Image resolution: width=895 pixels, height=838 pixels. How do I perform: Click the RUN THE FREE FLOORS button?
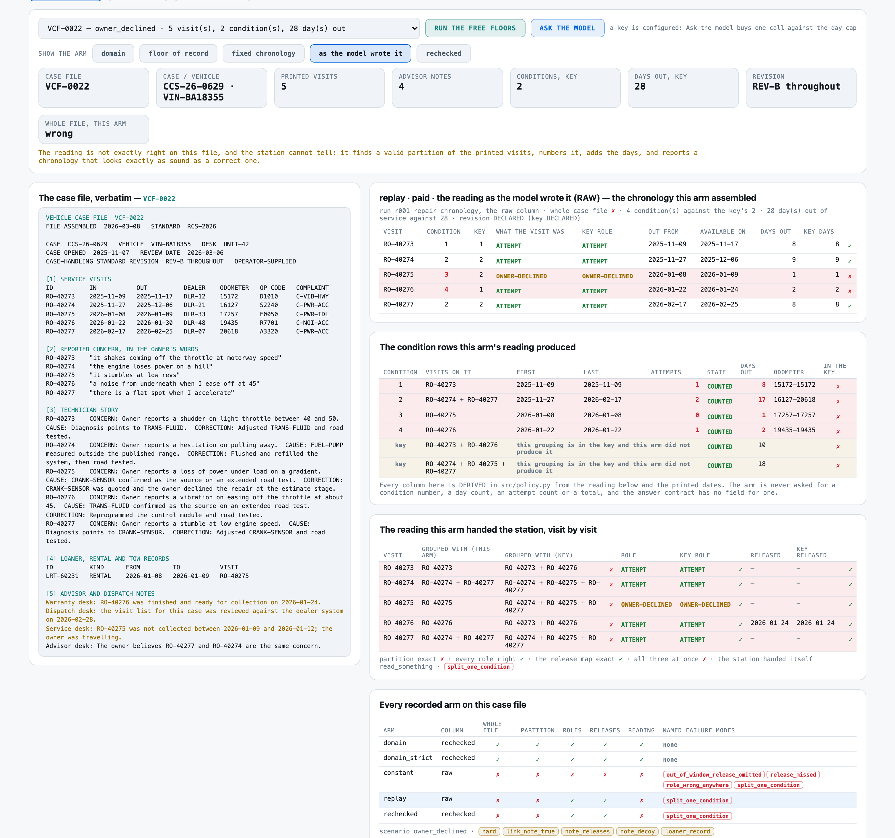tap(475, 28)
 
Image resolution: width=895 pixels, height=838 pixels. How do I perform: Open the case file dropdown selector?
tap(229, 28)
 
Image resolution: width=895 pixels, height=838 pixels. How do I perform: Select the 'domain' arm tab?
tap(113, 53)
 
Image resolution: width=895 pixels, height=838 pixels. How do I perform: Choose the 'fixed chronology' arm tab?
tap(263, 53)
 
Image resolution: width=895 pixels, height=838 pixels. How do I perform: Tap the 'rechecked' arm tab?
tap(443, 53)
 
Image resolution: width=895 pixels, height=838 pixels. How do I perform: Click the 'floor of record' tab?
tap(178, 53)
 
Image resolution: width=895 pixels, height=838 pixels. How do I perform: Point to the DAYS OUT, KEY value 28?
tap(640, 86)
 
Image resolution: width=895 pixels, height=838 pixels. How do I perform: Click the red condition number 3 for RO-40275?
tap(446, 274)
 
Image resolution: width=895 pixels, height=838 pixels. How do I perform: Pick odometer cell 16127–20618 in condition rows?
tap(794, 399)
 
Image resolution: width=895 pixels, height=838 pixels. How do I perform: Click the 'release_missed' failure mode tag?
tap(793, 775)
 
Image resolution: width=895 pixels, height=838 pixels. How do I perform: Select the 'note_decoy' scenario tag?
tap(637, 831)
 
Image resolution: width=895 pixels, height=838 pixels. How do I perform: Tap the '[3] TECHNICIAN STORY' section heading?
tap(82, 410)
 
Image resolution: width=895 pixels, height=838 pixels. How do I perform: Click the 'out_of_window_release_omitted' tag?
tap(714, 775)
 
